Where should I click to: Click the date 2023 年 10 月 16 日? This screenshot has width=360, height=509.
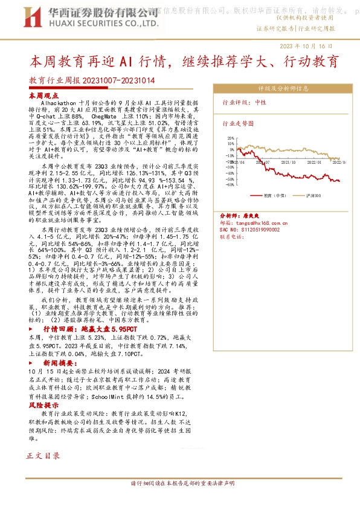pyautogui.click(x=306, y=47)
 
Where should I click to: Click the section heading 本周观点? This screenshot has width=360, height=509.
pyautogui.click(x=44, y=96)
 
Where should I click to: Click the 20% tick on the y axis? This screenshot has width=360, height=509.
pyautogui.click(x=230, y=138)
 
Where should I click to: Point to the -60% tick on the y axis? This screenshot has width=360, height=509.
pyautogui.click(x=230, y=186)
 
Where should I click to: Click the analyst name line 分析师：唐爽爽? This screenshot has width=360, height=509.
pyautogui.click(x=239, y=215)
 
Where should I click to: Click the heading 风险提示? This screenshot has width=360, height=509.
pyautogui.click(x=44, y=405)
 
